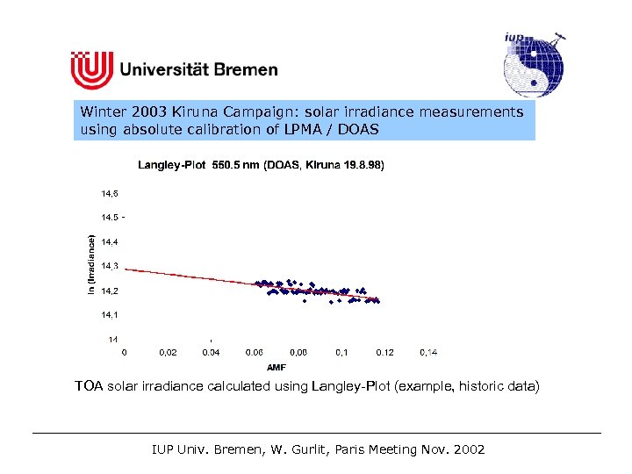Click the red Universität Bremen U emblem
click(91, 69)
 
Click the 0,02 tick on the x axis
click(168, 352)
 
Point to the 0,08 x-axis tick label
click(298, 352)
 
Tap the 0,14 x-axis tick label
click(428, 352)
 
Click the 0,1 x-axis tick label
click(341, 352)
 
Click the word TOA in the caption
click(89, 386)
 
